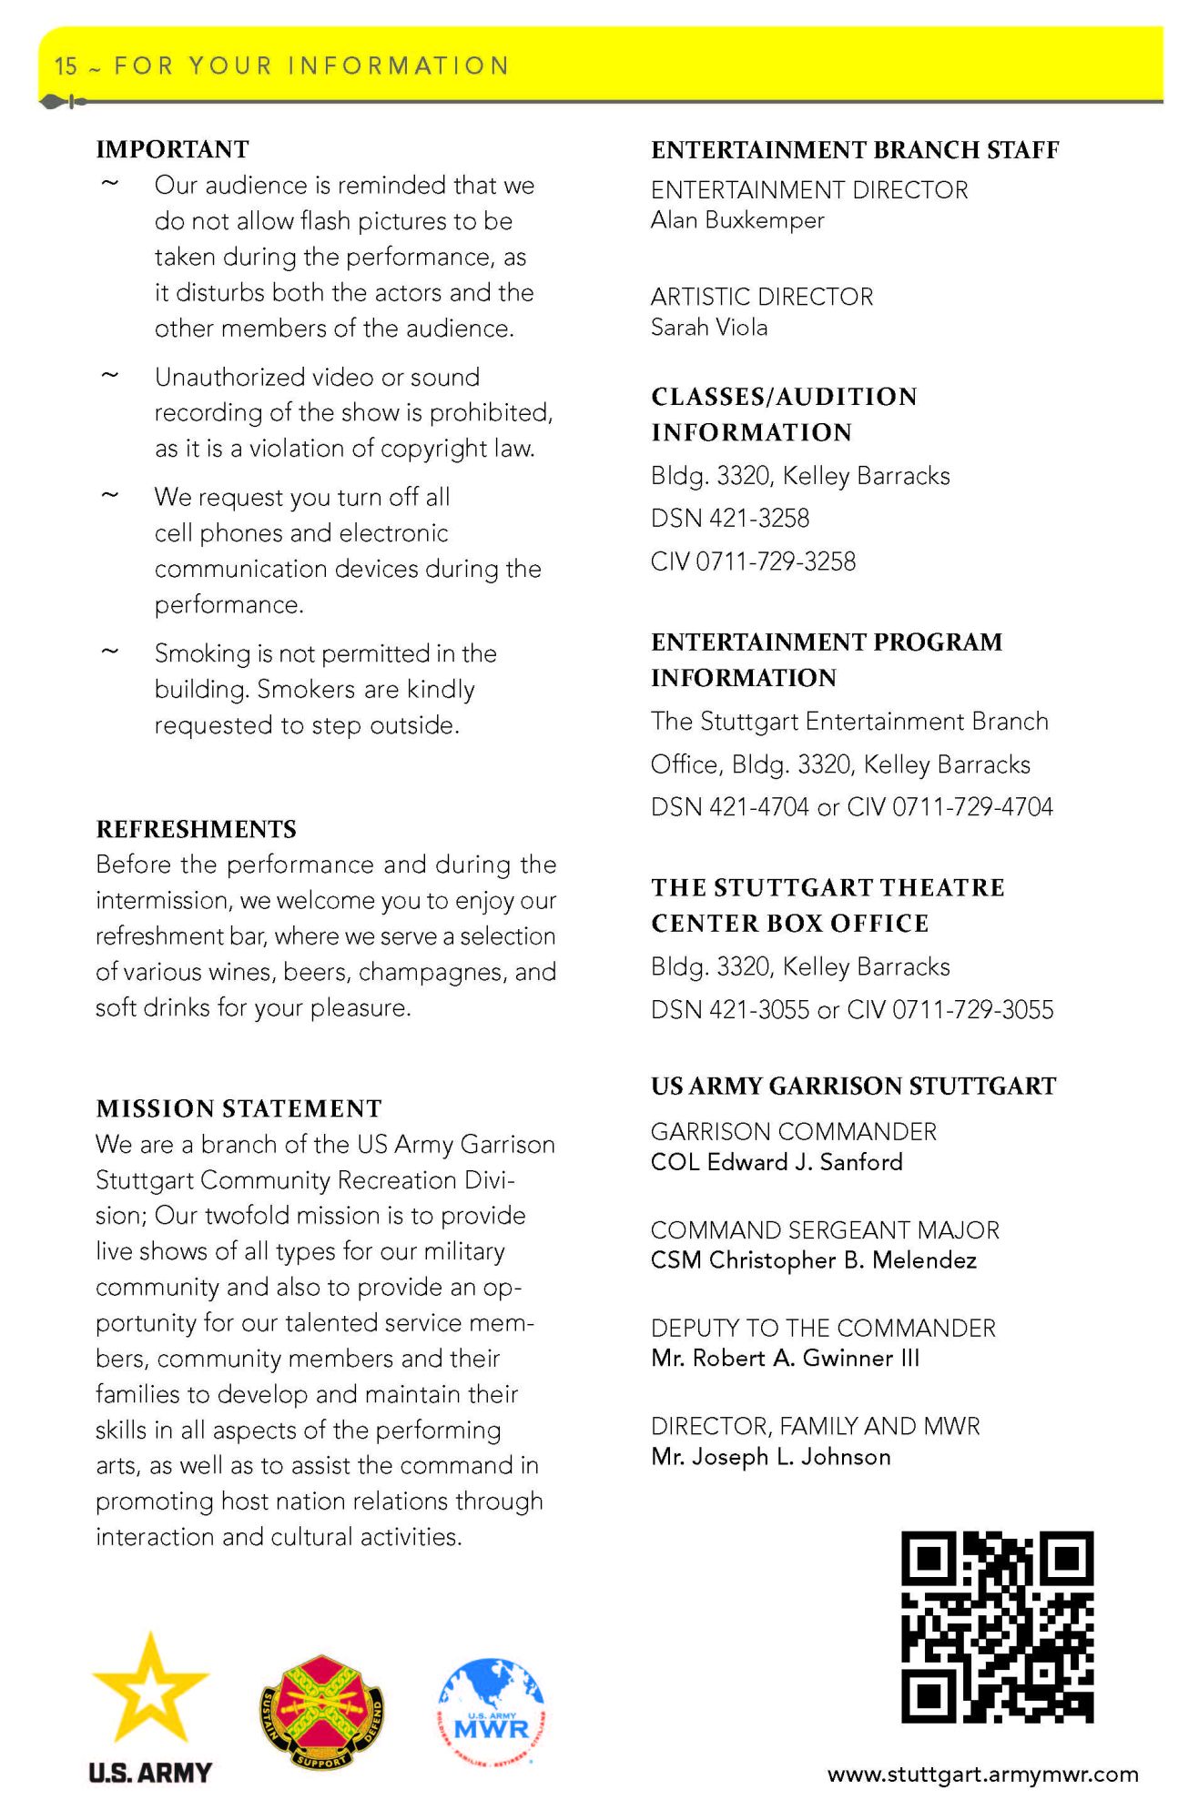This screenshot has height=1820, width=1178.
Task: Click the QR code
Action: click(997, 1626)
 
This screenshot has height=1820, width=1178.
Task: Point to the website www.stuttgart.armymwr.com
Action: click(982, 1774)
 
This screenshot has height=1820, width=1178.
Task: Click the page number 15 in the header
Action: click(66, 66)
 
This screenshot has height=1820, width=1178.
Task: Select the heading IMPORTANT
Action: click(172, 149)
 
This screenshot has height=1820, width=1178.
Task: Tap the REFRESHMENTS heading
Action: click(196, 829)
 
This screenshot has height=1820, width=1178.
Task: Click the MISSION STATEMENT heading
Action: click(239, 1108)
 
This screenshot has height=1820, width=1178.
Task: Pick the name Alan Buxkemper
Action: click(737, 220)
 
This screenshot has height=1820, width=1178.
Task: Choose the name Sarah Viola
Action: click(709, 328)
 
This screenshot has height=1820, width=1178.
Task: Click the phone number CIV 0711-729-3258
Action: click(753, 561)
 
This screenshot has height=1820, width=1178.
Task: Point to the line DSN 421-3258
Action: click(730, 519)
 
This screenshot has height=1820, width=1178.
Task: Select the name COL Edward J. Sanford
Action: click(777, 1162)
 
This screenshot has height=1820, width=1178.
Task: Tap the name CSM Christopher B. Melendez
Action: click(814, 1260)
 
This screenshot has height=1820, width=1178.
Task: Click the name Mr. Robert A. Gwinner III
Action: click(785, 1359)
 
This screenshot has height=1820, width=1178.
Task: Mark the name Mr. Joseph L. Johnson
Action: click(770, 1457)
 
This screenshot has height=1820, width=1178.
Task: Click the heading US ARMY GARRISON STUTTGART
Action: click(853, 1087)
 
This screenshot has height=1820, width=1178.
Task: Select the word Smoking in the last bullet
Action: click(202, 653)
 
